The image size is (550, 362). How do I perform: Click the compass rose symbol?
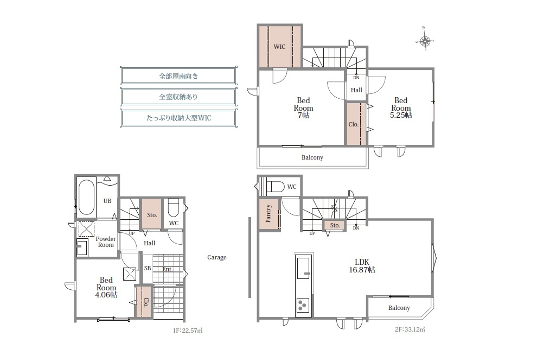pos(425,41)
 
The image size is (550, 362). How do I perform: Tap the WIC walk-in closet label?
pos(279,47)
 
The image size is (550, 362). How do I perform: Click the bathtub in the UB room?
pos(86,198)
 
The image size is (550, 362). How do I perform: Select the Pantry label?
pos(268,213)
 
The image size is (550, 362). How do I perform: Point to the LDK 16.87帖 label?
pos(362,266)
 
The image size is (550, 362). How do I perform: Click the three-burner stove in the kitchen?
pos(303,305)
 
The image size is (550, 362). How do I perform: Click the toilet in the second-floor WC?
pos(276,187)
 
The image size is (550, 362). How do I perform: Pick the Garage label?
pos(217,257)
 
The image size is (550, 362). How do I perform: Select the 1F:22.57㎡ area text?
pos(188,331)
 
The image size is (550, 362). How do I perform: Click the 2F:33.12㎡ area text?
pos(410,329)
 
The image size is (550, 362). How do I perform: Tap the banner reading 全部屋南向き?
pos(178,76)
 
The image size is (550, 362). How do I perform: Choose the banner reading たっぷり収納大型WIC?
pos(178,118)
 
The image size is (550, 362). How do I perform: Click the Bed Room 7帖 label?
pos(303,108)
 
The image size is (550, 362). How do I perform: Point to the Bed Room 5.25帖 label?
pos(401,108)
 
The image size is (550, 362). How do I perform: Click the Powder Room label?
pos(106,242)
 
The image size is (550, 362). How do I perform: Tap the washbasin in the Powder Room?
pos(82,247)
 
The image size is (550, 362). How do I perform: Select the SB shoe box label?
pos(148,268)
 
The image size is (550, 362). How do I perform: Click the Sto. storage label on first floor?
pos(152,215)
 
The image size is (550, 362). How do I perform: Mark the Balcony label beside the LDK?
pos(399,308)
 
